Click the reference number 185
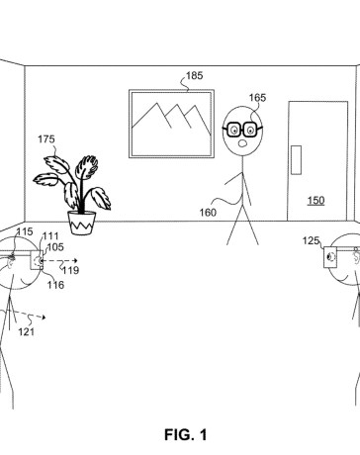195,76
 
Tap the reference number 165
257,98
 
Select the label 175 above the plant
46,139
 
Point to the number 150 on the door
315,201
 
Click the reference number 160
208,213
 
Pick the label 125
311,240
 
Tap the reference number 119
71,270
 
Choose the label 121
26,331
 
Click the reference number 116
55,285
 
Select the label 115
25,231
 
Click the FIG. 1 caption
186,435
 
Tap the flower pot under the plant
82,223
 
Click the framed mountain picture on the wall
171,124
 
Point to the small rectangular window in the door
296,159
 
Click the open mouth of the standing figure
243,143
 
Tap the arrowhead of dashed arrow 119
75,260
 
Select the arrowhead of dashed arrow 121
44,318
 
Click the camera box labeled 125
330,257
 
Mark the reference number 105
55,247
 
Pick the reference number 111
50,236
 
